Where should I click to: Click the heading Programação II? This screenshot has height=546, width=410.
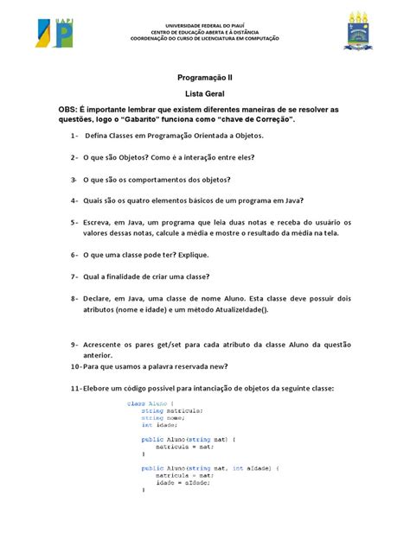click(204, 77)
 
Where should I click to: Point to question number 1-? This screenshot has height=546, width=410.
click(74, 136)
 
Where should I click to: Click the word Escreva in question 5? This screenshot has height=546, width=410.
click(99, 222)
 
